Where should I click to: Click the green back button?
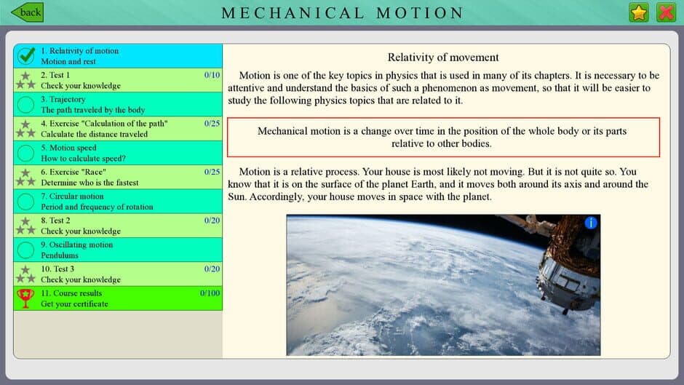[28, 12]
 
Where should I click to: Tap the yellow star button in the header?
[639, 12]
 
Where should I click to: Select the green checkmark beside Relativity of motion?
[26, 56]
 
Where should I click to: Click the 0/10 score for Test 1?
[212, 75]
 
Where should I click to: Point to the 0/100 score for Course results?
[210, 293]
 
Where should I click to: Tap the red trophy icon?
[25, 298]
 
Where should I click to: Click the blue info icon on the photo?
[591, 223]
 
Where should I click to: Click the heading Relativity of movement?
[443, 57]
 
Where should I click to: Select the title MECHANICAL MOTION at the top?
[342, 13]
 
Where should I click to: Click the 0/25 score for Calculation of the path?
[212, 124]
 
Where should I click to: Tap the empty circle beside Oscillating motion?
[26, 250]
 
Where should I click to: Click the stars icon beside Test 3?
[26, 274]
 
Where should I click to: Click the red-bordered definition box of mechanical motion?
[443, 137]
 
